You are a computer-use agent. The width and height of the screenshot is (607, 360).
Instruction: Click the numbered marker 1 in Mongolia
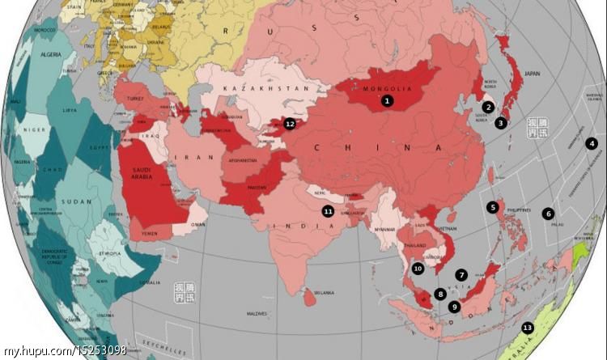coord(388,101)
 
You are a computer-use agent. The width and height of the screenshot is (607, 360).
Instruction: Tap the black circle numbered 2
coord(488,107)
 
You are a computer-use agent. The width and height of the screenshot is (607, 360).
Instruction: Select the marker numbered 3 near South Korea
coord(501,123)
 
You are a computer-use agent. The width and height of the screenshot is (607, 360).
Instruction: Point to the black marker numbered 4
coord(592,143)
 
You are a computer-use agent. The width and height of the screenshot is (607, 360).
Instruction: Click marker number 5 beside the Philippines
coord(492,207)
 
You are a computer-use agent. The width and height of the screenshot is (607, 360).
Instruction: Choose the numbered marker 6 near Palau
coord(548,214)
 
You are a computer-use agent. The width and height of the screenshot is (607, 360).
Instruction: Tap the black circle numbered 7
coord(461,275)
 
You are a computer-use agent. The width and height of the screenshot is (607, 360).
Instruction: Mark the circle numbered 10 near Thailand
coord(418,268)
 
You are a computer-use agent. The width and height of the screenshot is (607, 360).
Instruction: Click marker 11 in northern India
coord(328,211)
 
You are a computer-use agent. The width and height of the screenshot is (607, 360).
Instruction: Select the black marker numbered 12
coord(290,124)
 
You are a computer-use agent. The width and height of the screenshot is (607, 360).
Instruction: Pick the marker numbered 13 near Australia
coord(528,328)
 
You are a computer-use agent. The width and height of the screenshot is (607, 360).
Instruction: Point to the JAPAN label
coord(532,74)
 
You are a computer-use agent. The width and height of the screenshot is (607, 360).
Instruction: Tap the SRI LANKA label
coord(324,293)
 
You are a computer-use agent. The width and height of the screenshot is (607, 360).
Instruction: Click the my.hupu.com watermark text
coord(64,350)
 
